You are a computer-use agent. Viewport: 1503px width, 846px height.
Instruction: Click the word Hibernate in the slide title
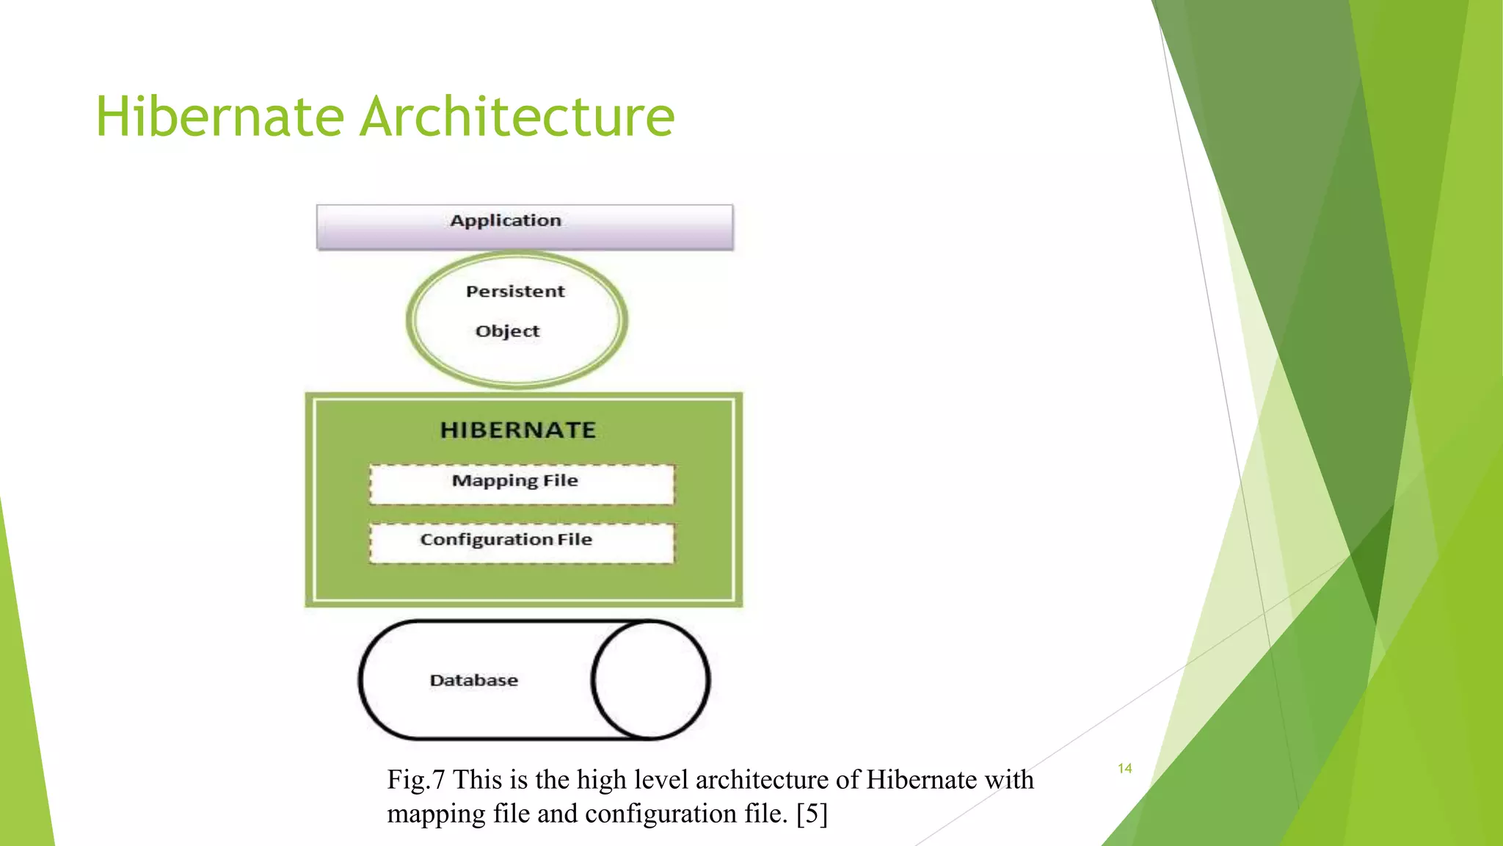[219, 117]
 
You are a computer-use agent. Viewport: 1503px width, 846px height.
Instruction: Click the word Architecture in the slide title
[517, 117]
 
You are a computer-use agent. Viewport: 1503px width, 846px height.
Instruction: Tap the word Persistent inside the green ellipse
[515, 292]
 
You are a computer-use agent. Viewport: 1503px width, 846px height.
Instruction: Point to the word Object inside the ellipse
[507, 331]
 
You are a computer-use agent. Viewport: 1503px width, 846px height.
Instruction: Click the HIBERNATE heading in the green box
[517, 430]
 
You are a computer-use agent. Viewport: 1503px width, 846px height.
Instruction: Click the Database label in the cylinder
[473, 680]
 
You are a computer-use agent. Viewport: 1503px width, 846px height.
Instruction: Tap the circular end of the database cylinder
[650, 680]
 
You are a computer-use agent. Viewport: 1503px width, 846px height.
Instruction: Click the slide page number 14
[1124, 768]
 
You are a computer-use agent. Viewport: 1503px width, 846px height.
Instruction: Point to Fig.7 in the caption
[415, 779]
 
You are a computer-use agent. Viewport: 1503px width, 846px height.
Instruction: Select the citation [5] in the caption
[812, 814]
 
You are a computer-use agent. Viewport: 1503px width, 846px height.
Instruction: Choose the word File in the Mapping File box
[561, 481]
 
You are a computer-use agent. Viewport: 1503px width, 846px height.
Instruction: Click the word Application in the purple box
[506, 220]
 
